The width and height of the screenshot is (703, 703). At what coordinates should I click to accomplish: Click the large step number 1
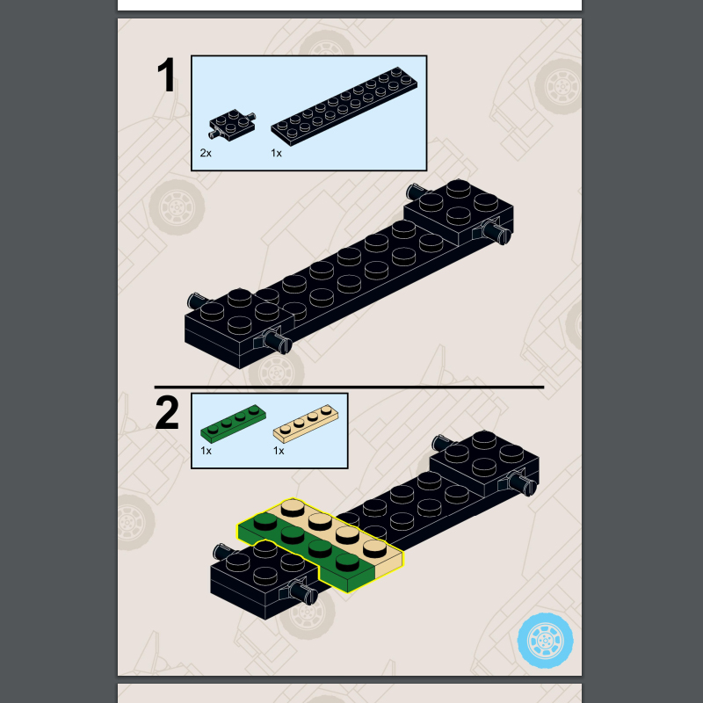coord(167,75)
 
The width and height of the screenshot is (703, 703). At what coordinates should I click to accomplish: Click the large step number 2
coord(167,412)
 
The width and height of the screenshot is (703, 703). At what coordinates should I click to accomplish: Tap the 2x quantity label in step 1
coord(206,153)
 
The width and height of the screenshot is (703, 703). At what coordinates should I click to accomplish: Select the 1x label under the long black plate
coord(276,153)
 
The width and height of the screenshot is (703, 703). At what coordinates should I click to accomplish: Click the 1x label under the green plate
coord(206,451)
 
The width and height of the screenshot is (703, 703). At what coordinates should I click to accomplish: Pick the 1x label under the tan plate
coord(279,451)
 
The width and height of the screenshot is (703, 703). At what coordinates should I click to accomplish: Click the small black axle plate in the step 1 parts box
coord(232,124)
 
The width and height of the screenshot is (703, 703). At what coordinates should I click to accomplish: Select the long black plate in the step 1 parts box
coord(344,106)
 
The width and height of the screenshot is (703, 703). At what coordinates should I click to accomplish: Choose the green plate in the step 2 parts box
coord(233,424)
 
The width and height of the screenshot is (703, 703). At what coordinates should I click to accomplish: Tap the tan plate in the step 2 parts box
coord(306,424)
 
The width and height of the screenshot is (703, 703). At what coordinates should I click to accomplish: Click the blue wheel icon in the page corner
coord(545,641)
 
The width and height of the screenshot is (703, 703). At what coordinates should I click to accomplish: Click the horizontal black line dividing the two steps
coord(349,387)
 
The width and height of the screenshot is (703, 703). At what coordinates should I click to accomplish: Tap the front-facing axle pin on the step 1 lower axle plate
coord(276,342)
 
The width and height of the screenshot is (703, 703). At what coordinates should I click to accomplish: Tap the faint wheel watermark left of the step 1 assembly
coord(177,207)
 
